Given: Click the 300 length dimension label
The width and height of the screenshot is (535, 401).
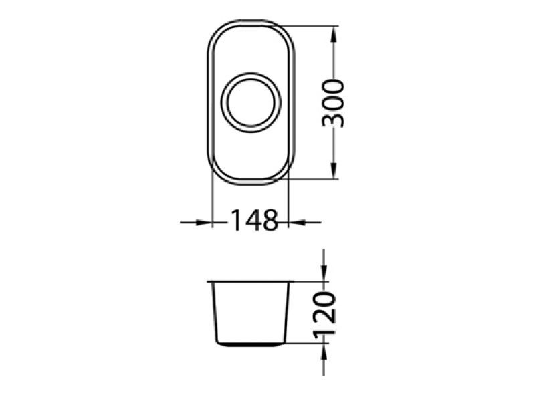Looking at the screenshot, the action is pos(332,103).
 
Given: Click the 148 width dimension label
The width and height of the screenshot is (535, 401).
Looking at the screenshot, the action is pos(255,221).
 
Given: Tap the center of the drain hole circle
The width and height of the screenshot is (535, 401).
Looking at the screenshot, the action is pos(251,102).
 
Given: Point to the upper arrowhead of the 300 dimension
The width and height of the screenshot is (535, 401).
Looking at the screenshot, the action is pos(334,35).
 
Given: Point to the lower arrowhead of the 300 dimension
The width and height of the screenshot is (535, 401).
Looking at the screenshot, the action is pos(334,170).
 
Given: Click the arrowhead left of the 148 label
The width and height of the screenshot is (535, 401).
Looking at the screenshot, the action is pos(204,223).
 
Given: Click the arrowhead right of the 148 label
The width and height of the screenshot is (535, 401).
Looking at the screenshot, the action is pos(297,223).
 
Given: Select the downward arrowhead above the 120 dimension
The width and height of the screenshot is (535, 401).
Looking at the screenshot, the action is pos(324,273).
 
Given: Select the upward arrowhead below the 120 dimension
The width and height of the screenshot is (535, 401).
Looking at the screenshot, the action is pos(324,352).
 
